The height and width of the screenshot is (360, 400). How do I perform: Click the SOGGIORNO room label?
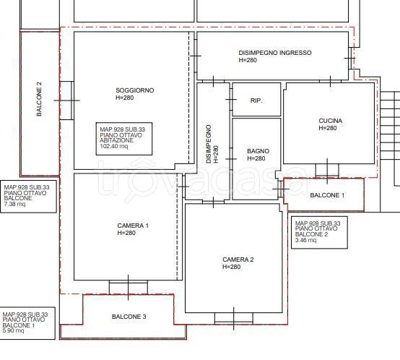point(135,90)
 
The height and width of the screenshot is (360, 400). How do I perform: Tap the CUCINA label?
point(331,121)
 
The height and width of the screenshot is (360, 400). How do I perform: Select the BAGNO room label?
point(258,151)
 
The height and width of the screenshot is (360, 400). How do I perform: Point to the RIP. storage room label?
point(256,100)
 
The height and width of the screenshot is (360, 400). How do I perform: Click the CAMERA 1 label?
point(133,226)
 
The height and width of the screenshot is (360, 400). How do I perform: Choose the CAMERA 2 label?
point(238,260)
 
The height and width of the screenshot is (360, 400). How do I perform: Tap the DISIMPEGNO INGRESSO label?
point(275,53)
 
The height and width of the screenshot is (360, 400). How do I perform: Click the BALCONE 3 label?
point(129,317)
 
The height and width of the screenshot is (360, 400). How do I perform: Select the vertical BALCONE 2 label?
point(39,99)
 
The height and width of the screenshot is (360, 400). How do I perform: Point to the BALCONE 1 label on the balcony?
point(327,195)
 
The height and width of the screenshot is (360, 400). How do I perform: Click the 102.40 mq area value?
point(114,146)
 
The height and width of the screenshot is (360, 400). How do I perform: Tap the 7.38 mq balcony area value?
point(14,204)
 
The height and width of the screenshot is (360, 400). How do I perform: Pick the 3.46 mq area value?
point(305,240)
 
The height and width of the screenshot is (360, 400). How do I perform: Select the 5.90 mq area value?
point(13,331)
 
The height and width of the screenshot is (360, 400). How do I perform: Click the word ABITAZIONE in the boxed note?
point(116,140)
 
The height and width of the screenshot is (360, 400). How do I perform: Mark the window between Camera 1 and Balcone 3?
point(129,287)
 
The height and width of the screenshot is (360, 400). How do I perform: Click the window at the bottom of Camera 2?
point(234,318)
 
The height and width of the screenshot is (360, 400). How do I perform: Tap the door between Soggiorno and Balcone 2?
point(66,100)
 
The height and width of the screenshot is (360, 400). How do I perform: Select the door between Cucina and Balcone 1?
point(327,171)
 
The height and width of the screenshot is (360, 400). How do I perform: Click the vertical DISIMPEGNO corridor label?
point(212,144)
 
